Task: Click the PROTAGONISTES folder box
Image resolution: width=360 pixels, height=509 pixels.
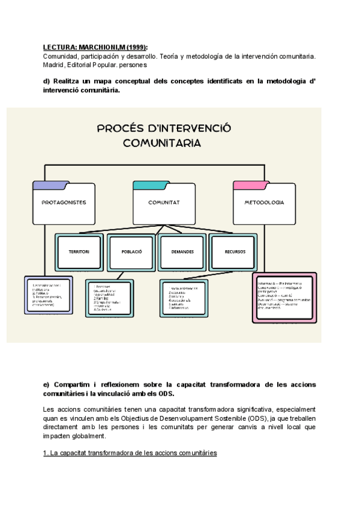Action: (x=64, y=203)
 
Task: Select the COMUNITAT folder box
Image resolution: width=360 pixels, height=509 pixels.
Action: (x=164, y=203)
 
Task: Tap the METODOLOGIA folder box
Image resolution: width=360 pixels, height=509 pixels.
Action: (x=264, y=203)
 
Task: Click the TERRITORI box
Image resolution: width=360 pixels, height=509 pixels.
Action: (x=79, y=251)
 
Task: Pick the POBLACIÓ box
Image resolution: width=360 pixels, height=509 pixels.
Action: (x=130, y=251)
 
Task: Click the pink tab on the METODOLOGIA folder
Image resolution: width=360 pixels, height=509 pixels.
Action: (x=249, y=185)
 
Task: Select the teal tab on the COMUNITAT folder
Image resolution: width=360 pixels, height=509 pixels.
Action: (x=148, y=185)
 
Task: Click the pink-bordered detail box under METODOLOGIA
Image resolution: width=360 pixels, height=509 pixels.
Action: (x=285, y=298)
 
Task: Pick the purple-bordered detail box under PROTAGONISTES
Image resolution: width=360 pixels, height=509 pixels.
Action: (x=48, y=294)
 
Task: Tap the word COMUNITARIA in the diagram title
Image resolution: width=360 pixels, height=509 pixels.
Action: (x=162, y=143)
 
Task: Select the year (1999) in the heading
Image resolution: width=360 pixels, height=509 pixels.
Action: (x=136, y=47)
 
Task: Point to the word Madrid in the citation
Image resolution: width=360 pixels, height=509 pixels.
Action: (x=54, y=65)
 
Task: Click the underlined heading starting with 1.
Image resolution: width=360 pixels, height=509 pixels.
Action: (x=130, y=453)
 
